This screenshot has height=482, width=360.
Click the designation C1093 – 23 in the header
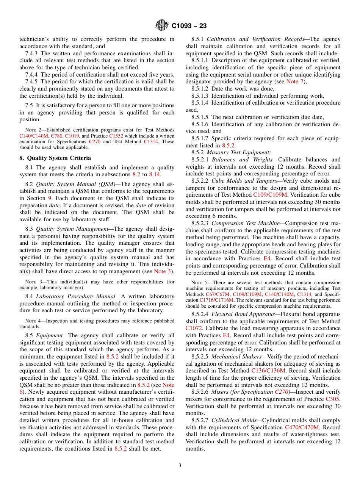pos(189,26)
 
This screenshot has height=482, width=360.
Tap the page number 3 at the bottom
pos(180,466)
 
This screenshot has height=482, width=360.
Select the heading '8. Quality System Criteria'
pos(55,158)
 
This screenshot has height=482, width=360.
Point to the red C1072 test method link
pos(194,328)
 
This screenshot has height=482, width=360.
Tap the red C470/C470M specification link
pos(302,427)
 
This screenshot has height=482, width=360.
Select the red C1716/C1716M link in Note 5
pos(214,300)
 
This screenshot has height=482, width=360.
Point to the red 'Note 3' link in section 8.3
pos(163,271)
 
